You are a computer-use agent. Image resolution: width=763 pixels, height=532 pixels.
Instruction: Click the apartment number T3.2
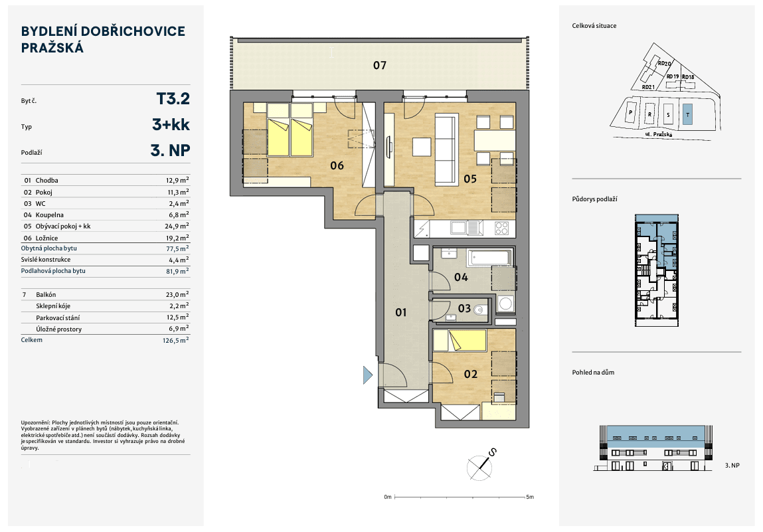click(173, 99)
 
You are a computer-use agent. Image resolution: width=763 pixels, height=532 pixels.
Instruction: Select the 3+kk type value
click(171, 126)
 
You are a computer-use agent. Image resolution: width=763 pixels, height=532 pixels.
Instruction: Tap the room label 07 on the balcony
click(379, 65)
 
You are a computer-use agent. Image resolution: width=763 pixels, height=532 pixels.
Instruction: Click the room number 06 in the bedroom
click(337, 165)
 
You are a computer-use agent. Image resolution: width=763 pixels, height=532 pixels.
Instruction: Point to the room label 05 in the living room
click(470, 178)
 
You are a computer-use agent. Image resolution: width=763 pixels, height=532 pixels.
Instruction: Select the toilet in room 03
click(482, 308)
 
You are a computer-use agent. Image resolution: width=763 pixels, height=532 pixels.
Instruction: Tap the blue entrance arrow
click(367, 375)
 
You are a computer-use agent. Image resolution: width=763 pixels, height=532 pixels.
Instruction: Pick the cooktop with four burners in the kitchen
click(503, 228)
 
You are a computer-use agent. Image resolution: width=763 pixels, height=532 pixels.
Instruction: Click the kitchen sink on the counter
click(460, 228)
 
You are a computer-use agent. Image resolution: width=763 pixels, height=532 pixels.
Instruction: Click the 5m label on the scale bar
click(529, 497)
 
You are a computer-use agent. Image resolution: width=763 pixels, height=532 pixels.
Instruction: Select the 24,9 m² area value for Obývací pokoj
click(177, 226)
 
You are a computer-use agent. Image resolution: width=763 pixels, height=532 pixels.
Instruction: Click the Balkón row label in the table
click(47, 294)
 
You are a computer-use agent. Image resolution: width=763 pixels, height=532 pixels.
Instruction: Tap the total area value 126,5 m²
click(177, 339)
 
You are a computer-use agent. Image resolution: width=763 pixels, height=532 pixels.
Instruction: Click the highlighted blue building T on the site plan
click(688, 112)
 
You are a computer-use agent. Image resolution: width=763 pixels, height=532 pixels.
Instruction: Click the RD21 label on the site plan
click(649, 87)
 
